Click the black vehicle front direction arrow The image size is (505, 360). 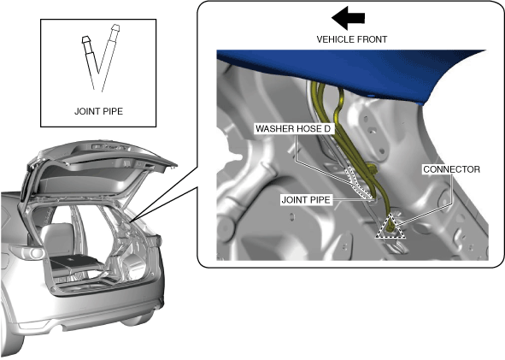348,17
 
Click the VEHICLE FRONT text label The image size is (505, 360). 352,39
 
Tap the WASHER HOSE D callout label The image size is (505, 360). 293,129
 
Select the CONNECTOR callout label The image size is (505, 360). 451,169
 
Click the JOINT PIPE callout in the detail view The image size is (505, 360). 306,200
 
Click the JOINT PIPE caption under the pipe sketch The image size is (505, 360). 98,111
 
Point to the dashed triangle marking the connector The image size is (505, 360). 390,227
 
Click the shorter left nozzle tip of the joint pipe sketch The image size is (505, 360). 86,40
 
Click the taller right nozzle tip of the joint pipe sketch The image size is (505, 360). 115,27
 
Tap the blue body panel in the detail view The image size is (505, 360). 355,69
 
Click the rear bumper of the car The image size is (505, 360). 87,319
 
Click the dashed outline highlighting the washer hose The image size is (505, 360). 358,181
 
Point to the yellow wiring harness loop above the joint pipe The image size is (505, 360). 372,168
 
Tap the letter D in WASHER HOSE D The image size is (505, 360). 326,129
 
